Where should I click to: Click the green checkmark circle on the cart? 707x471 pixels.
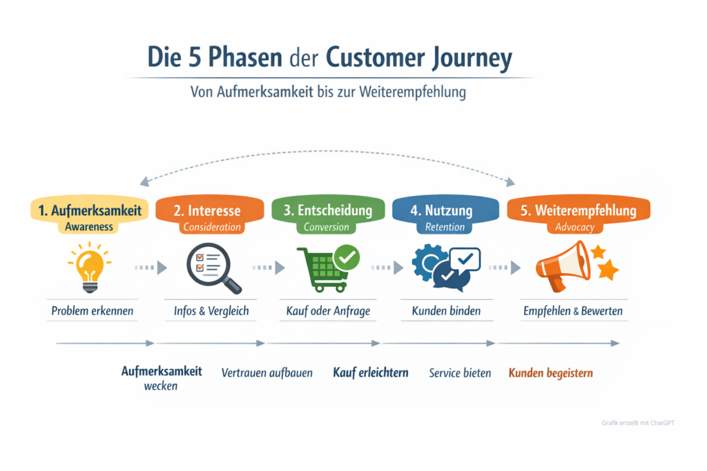point(346,259)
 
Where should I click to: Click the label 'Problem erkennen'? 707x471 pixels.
point(92,311)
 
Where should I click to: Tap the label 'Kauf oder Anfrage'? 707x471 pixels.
point(328,311)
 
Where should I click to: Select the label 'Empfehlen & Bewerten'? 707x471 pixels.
point(573,311)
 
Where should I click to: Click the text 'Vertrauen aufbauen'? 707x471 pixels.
point(267,373)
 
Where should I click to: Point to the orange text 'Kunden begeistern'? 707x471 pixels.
point(550,373)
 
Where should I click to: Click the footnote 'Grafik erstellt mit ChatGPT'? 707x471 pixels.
point(638,422)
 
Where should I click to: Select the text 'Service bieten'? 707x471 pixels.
point(460,373)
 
